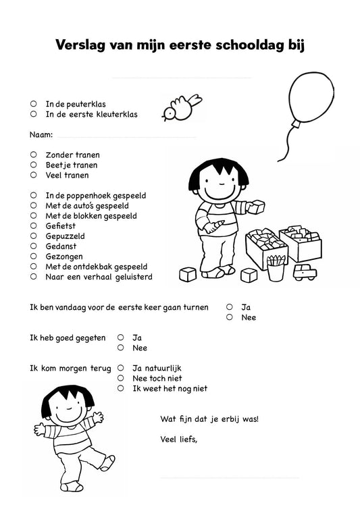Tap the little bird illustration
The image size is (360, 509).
[x=180, y=107]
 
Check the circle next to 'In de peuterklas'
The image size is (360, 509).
[x=33, y=104]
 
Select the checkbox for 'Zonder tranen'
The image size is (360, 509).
[x=33, y=155]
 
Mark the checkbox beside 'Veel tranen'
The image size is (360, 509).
[x=33, y=175]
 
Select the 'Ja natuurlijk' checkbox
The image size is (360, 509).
[x=120, y=369]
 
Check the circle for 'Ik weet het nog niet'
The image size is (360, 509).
[x=120, y=389]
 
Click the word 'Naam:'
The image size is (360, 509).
[x=41, y=135]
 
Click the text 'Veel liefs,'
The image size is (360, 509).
[x=179, y=439]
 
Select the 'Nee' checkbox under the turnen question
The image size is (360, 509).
[x=230, y=317]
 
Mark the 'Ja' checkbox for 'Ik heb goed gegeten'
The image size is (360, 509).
[x=120, y=338]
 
